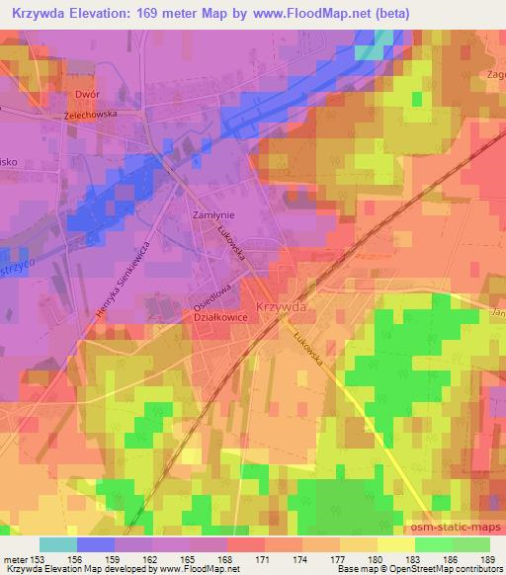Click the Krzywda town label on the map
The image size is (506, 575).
click(279, 307)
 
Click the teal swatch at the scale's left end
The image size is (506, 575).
click(57, 544)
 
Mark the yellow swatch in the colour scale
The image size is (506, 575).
click(394, 544)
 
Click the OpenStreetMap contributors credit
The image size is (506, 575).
click(454, 568)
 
